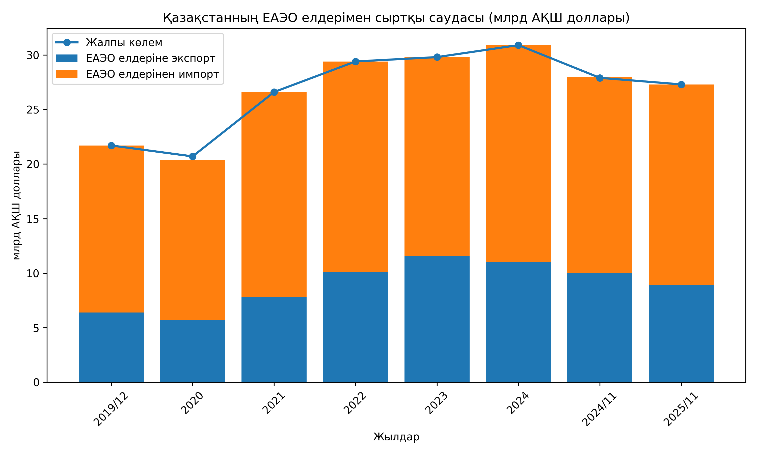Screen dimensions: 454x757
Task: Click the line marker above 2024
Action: [x=518, y=45]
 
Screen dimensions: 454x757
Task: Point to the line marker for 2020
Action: [x=193, y=157]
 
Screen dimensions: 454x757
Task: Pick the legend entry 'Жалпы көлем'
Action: [x=124, y=43]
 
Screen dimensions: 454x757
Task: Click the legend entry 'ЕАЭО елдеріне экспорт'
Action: [x=150, y=58]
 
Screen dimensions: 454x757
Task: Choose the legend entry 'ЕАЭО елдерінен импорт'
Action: [x=152, y=74]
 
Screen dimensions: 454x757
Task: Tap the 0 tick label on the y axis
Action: [x=36, y=382]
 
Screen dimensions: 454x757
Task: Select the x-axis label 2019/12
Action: [x=111, y=410]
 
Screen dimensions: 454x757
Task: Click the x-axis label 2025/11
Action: [x=681, y=410]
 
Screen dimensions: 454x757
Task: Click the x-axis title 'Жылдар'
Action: [x=396, y=437]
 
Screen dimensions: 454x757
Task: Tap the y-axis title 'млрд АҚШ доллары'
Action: [x=16, y=205]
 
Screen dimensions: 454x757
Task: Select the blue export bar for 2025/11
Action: [x=681, y=333]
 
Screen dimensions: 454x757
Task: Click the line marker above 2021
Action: [x=274, y=92]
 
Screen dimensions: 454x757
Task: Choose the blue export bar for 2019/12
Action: [x=111, y=347]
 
